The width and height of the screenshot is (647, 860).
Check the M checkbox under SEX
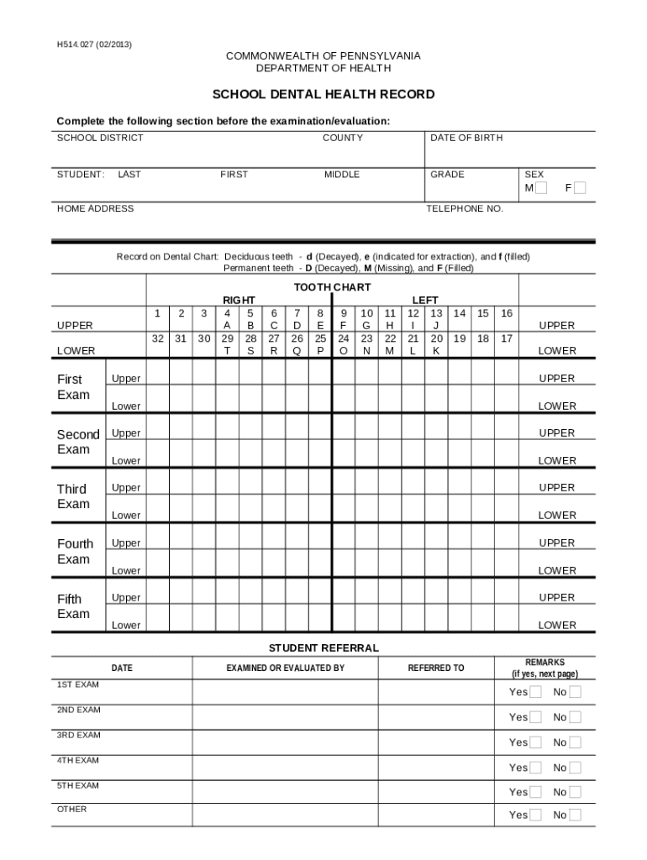pos(542,188)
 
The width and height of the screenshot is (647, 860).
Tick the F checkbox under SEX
pos(580,188)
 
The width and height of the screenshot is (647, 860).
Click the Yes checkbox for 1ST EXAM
pos(535,692)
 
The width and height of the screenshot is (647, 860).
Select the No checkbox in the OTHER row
pos(575,815)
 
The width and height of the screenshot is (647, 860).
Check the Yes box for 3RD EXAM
pos(535,742)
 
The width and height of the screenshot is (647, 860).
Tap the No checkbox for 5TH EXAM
pos(575,792)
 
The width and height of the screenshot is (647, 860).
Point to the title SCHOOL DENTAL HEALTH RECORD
pos(323,94)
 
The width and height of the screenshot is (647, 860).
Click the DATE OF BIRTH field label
pos(466,138)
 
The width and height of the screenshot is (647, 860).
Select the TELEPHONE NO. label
pos(465,208)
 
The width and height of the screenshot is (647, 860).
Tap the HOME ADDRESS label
pos(95,208)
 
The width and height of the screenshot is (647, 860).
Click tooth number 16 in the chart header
pos(506,313)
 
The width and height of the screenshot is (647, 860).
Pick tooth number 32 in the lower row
pos(157,338)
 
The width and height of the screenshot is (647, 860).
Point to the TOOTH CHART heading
pos(332,287)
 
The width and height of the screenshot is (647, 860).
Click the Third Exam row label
pos(73,496)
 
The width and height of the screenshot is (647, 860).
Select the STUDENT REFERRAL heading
pos(323,648)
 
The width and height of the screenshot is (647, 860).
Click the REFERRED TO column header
pos(436,669)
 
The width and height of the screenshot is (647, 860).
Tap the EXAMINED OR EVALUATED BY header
pos(286,669)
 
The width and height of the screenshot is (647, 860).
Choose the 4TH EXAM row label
pos(78,760)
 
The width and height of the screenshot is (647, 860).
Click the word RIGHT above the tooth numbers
pos(239,300)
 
